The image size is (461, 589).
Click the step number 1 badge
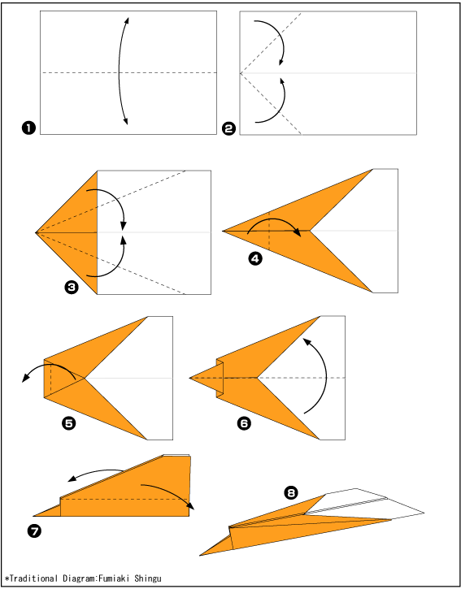pyautogui.click(x=28, y=128)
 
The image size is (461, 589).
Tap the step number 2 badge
pyautogui.click(x=228, y=128)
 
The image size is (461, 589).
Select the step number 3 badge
pyautogui.click(x=72, y=288)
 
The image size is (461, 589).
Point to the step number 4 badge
pyautogui.click(x=255, y=259)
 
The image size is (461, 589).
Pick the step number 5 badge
pyautogui.click(x=69, y=423)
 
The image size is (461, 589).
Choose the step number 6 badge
pyautogui.click(x=244, y=423)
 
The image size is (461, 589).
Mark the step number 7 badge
pyautogui.click(x=34, y=531)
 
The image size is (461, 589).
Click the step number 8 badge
pyautogui.click(x=291, y=492)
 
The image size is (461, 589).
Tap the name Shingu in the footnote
pyautogui.click(x=148, y=578)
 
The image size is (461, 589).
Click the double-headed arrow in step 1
pyautogui.click(x=120, y=71)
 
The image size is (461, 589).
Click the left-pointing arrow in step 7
pyautogui.click(x=96, y=471)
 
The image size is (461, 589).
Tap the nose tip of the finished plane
pyautogui.click(x=200, y=555)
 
